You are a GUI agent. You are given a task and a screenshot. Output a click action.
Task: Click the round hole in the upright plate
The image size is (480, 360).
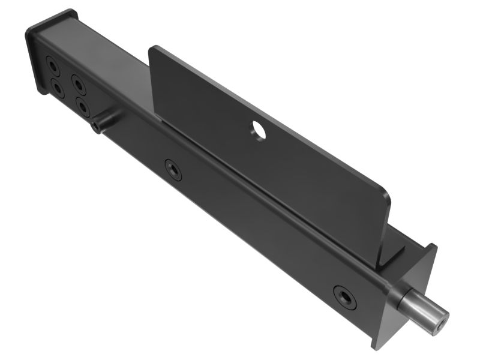(x=259, y=130)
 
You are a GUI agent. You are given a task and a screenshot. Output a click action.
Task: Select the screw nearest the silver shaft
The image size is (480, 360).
(x=345, y=296)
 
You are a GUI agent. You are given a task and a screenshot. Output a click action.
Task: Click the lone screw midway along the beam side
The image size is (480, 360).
(x=173, y=170)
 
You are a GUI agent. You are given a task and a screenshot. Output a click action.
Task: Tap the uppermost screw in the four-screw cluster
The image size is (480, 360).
(x=52, y=64)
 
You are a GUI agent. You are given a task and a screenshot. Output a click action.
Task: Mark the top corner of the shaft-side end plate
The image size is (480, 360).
(x=434, y=247)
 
